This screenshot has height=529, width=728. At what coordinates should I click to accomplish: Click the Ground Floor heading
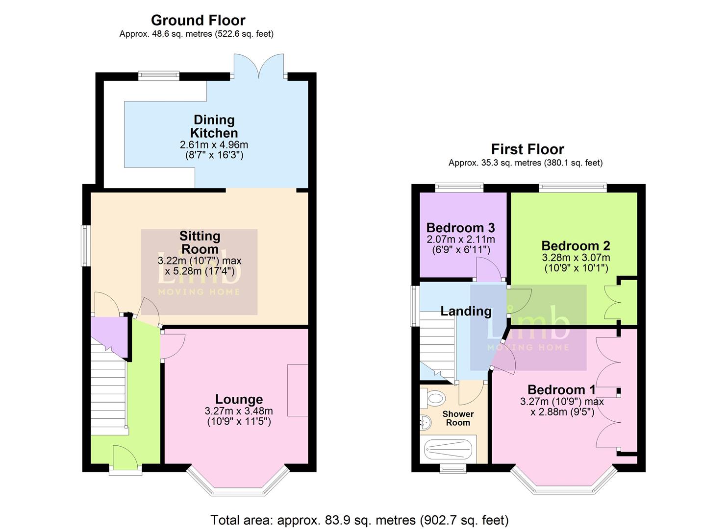(x=198, y=21)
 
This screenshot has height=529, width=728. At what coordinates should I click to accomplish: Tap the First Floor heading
(x=527, y=149)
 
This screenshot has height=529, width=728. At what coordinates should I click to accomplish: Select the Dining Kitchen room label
(x=214, y=126)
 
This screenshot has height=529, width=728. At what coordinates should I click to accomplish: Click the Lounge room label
(x=239, y=400)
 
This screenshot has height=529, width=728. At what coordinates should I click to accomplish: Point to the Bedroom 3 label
(x=460, y=228)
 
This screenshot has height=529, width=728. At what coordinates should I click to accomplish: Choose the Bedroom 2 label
(x=576, y=246)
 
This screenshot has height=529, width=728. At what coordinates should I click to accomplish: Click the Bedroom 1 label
(x=561, y=390)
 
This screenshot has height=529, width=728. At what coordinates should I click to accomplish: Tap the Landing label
(x=466, y=312)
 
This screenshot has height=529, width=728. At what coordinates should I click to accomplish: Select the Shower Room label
(x=458, y=418)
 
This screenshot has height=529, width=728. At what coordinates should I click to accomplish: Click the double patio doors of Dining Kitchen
(x=259, y=66)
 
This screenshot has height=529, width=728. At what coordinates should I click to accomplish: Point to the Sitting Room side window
(x=86, y=245)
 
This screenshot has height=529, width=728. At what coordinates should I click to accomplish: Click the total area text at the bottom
(x=359, y=520)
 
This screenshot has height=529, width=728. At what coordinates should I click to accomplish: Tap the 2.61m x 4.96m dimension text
(x=214, y=145)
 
